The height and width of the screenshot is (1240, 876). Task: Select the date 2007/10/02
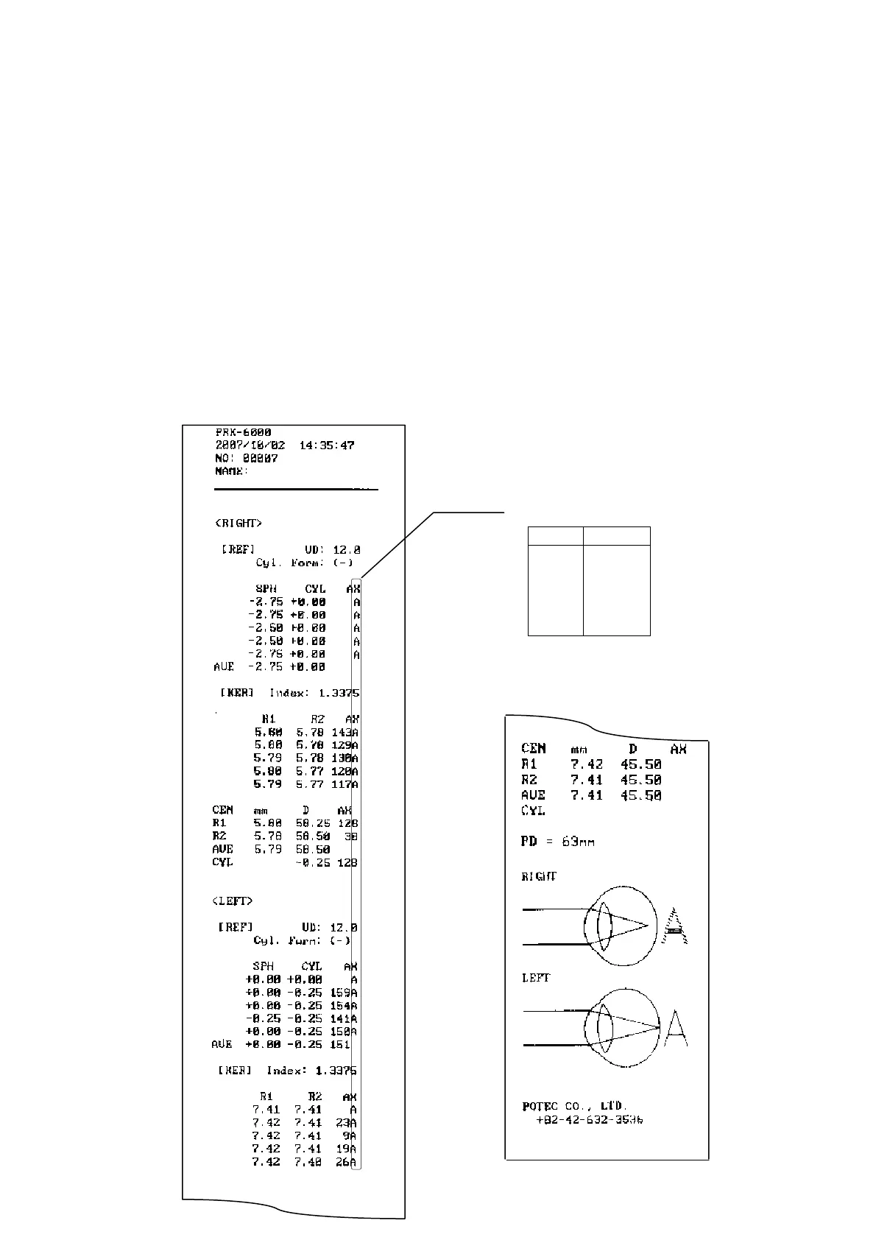tap(250, 445)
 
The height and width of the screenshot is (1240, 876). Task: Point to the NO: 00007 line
tap(247, 458)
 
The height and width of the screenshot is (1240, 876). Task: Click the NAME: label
tap(231, 471)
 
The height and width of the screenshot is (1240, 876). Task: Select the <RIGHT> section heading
tap(239, 524)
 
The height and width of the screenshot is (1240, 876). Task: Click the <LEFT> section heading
tap(232, 901)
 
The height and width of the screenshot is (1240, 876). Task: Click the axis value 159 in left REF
tap(339, 993)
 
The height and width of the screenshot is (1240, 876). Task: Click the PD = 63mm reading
tap(557, 841)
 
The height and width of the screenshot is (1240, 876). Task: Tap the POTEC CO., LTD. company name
tap(574, 1106)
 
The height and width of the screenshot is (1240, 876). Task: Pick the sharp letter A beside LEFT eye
tap(676, 1028)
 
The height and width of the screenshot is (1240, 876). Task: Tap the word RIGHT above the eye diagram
tap(539, 876)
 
